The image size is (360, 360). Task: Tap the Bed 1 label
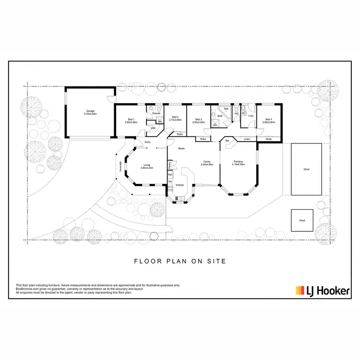(x=131, y=120)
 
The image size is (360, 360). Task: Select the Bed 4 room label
(x=267, y=120)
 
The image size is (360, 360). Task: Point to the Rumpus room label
(x=239, y=163)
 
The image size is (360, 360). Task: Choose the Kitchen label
(x=180, y=185)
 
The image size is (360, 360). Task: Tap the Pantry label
(x=170, y=165)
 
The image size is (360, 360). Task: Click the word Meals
(x=181, y=148)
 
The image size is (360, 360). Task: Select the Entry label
(x=147, y=142)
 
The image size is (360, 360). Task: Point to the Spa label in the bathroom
(x=226, y=109)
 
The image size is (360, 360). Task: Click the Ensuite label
(x=156, y=113)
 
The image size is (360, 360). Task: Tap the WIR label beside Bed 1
(x=153, y=128)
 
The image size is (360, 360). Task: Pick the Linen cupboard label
(x=247, y=139)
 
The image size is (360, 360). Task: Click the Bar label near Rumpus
(x=227, y=140)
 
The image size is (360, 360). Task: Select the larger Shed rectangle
(x=306, y=169)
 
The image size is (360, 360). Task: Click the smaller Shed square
(x=302, y=221)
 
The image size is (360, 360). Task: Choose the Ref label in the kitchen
(x=170, y=174)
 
